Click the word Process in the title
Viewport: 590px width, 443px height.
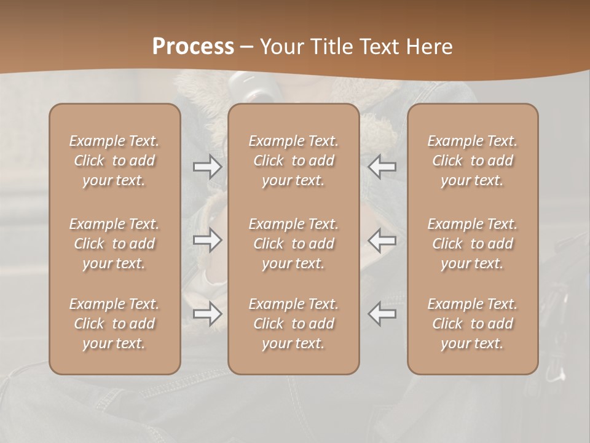click(x=193, y=47)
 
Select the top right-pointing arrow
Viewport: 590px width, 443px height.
click(x=207, y=167)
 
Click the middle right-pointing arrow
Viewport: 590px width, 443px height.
click(x=207, y=240)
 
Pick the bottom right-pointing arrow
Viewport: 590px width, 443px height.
click(x=207, y=314)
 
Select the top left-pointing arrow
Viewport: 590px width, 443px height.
click(x=382, y=167)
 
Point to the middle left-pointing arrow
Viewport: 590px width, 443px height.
click(x=382, y=240)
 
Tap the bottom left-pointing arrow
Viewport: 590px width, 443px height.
click(x=382, y=314)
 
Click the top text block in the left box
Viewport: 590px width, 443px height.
click(x=114, y=161)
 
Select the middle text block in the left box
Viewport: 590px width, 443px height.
click(x=114, y=244)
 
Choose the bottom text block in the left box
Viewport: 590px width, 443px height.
click(x=114, y=324)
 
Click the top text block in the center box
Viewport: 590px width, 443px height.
click(x=293, y=161)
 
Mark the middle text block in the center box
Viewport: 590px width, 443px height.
click(x=293, y=244)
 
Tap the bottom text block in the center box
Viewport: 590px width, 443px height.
click(x=293, y=324)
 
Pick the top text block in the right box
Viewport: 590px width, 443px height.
click(x=472, y=161)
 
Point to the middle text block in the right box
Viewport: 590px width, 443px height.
click(x=472, y=244)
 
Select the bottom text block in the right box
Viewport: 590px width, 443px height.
click(x=472, y=324)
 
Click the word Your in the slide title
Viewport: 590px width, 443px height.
click(x=282, y=47)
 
